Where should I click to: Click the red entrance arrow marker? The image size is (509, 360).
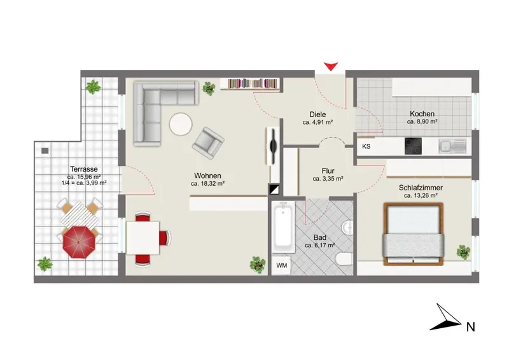331,67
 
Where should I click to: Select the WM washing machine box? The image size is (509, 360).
281,265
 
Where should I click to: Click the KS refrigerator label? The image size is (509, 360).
366,146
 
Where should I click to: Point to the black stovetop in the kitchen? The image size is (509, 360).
413,146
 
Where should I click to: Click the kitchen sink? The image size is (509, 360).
452,146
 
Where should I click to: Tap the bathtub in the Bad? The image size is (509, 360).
283,227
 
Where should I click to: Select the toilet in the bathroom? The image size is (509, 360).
344,260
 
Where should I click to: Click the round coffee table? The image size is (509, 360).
181,124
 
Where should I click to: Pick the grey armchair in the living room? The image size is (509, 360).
208,143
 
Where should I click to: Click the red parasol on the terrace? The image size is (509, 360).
80,242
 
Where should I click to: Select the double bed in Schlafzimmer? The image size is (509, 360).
413,234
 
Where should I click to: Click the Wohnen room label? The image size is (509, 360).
208,176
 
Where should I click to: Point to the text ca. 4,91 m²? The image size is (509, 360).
317,122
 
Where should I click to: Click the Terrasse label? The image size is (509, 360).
84,169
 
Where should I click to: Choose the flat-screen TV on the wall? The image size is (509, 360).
273,146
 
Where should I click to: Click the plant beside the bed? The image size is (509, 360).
463,253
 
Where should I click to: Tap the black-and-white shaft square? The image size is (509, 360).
274,190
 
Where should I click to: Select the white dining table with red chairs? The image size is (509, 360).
143,238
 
